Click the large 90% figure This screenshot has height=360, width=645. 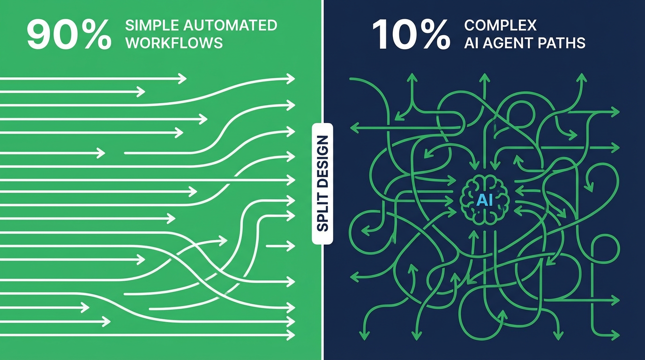69,35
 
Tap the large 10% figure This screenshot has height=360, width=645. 411,35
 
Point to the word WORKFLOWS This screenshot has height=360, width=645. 174,43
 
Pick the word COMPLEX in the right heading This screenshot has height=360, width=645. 500,25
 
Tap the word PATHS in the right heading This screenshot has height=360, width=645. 564,43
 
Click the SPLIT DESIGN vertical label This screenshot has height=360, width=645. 322,184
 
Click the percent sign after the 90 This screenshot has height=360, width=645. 96,35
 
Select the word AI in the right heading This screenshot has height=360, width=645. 471,43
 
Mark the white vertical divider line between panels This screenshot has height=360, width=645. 322,70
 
